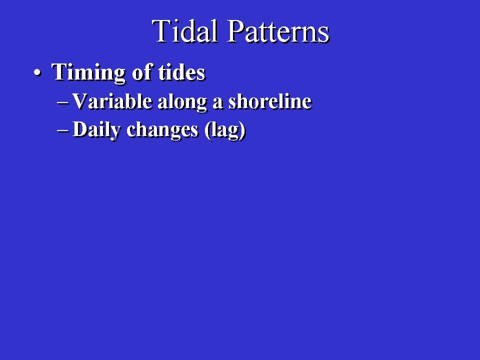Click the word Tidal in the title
click(x=184, y=30)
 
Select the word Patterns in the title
click(x=278, y=31)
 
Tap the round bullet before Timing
click(x=37, y=73)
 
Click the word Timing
click(x=88, y=73)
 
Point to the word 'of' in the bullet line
click(x=142, y=72)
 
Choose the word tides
click(x=181, y=72)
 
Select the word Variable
click(x=112, y=101)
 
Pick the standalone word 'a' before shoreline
click(x=217, y=103)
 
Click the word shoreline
click(x=270, y=101)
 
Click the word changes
click(x=162, y=130)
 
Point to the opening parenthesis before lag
click(x=207, y=130)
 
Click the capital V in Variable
click(x=80, y=101)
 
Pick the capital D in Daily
click(x=80, y=129)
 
